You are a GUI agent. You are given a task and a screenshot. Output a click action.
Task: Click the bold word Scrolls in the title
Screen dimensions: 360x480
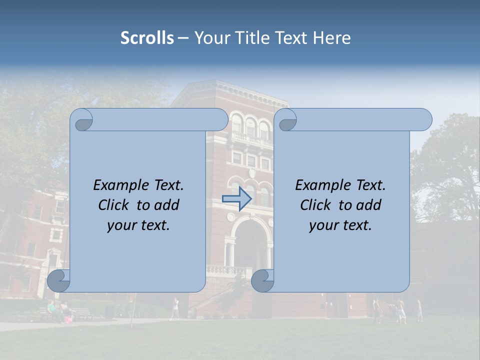point(147,38)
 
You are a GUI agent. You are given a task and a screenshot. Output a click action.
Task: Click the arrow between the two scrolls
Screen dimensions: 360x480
point(237,199)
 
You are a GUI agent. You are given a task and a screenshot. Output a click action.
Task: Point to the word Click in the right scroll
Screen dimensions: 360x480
point(315,205)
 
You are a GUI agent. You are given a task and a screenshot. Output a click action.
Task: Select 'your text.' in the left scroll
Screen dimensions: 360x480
point(138,225)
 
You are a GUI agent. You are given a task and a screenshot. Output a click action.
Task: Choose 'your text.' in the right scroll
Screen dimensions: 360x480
point(340,225)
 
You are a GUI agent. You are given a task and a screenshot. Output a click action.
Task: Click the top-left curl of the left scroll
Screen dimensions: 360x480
point(82,119)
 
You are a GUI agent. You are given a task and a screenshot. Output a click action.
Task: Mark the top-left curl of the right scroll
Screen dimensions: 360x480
point(286,119)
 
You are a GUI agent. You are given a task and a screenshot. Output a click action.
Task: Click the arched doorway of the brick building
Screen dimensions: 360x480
point(248,245)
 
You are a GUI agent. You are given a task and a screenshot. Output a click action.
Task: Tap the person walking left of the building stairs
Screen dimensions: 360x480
point(174,308)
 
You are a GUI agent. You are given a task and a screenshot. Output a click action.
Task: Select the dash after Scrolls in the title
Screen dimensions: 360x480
point(183,38)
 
